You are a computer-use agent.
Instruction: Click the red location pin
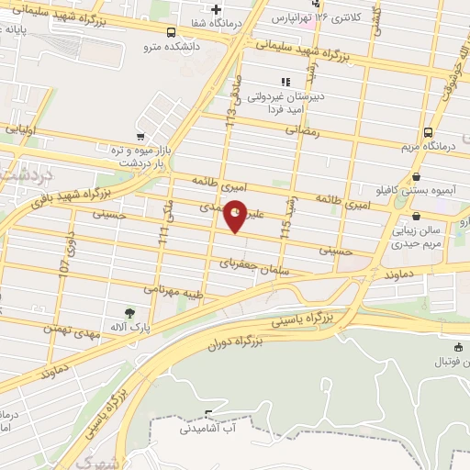click(x=236, y=215)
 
